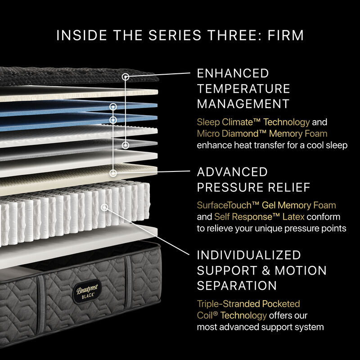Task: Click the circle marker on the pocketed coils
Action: coord(105,207)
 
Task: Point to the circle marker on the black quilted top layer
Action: coord(126,77)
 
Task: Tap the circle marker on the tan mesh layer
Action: coord(113,172)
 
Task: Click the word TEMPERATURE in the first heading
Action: coord(243,88)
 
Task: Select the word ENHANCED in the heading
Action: coord(233,73)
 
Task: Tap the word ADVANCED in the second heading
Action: coord(232,172)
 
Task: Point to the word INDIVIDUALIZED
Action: coord(249,256)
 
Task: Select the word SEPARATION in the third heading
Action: coord(237,285)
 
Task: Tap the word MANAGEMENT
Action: coord(243,103)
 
